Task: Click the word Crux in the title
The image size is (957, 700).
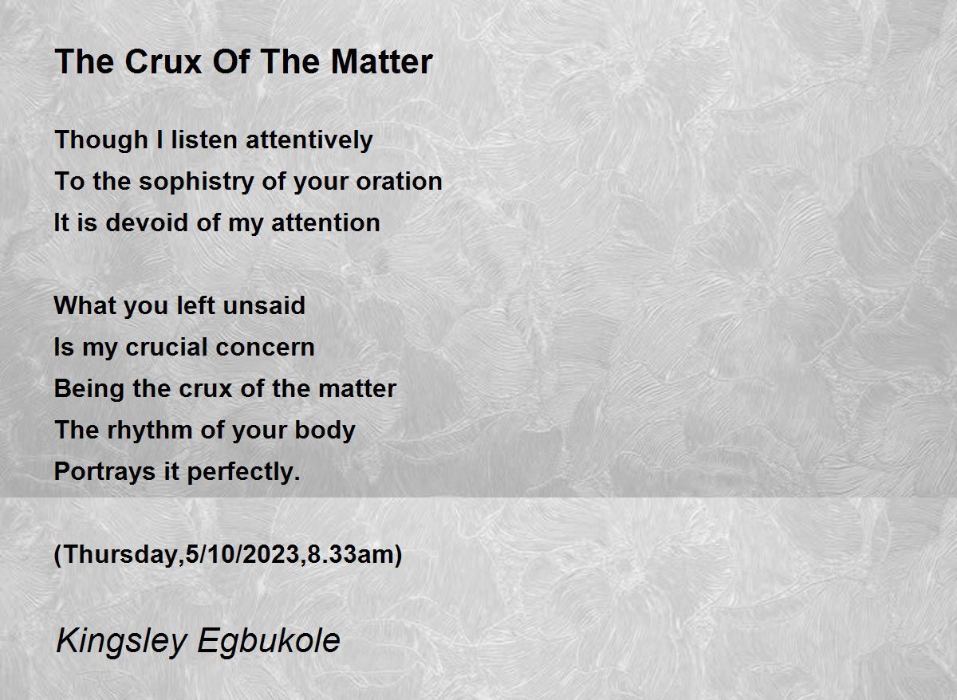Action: coord(163,61)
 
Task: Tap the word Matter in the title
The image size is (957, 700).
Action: coord(381,61)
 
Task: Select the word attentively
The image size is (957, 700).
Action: coord(309,140)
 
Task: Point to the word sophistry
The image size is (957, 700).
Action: coord(196,182)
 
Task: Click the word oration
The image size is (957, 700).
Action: coord(399,181)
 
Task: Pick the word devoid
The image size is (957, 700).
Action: coord(147,222)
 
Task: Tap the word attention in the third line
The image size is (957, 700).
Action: coord(325,223)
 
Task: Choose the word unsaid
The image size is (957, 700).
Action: coord(264,305)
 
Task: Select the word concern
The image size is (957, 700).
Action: coord(266,348)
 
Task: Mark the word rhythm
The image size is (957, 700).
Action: coord(150,431)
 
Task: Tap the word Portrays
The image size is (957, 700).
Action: coord(104,472)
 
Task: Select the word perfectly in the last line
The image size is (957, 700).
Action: coord(243,472)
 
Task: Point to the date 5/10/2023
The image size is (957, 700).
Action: coord(243,554)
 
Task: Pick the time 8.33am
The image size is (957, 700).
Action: coord(352,554)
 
